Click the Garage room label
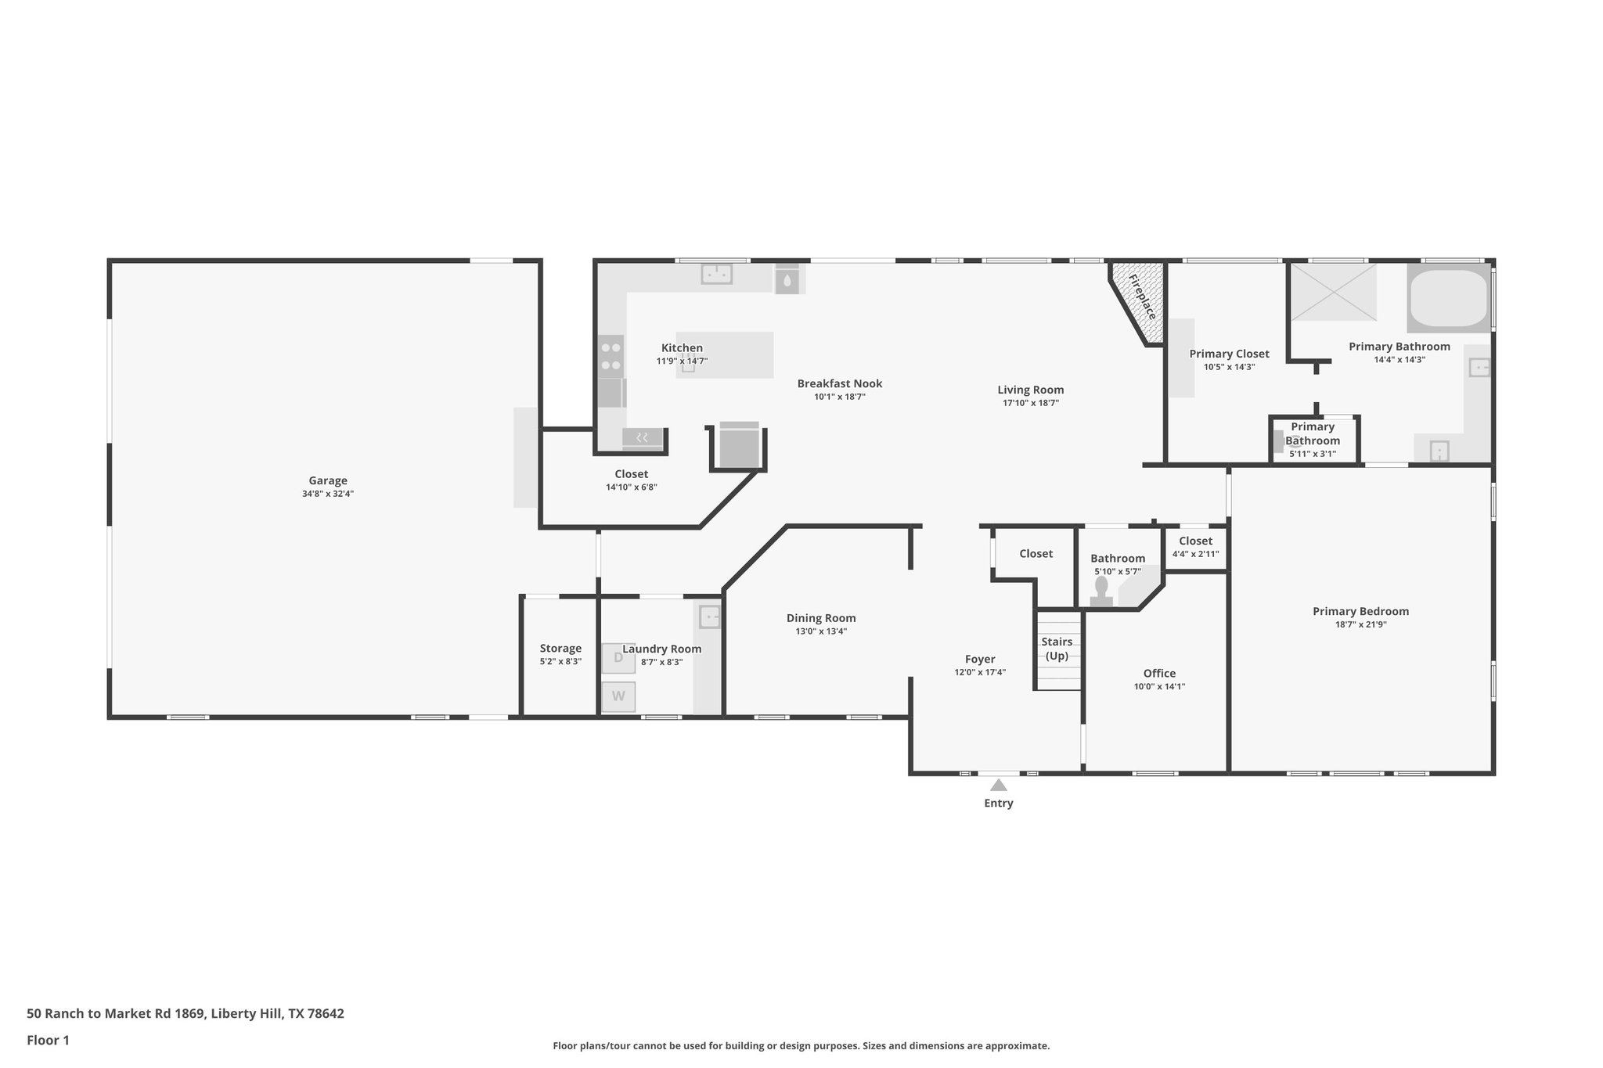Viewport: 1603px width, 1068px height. point(327,480)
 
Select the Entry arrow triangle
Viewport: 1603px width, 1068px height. point(998,785)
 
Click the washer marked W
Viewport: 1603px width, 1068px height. point(618,696)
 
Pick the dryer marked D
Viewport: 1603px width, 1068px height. point(618,658)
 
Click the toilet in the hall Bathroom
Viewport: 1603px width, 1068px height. point(1101,592)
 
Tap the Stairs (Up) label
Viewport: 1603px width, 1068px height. point(1057,649)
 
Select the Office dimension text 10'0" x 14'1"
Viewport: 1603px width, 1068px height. point(1159,686)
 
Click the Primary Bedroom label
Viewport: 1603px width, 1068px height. point(1360,611)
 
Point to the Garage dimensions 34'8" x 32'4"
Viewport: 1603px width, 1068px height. point(327,494)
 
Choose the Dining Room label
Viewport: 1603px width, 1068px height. point(820,617)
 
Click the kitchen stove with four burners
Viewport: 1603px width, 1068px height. point(611,356)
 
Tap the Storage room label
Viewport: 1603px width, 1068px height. point(560,648)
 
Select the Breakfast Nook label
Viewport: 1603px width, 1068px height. point(839,383)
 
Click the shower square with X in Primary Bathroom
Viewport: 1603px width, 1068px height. point(1333,292)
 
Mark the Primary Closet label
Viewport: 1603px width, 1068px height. point(1229,353)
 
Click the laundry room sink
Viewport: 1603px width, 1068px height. point(709,617)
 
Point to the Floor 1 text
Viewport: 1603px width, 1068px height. point(48,1040)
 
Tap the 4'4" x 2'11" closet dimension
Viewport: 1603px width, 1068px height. point(1195,554)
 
